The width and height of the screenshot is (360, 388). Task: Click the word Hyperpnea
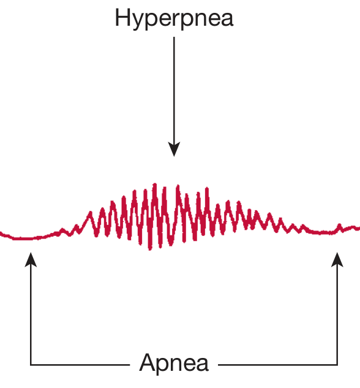174,18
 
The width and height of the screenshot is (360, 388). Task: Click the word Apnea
174,362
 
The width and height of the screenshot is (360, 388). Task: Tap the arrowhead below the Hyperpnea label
174,149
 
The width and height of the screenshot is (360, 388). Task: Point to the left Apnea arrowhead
31,259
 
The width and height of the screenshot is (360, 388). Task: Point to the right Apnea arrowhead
337,259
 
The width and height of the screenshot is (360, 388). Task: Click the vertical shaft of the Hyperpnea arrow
174,90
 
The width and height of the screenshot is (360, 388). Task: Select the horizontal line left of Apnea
80,365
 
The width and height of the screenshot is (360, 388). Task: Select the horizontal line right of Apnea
278,365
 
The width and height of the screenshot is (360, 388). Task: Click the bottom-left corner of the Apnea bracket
31,365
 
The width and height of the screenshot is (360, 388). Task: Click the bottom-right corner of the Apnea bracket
337,365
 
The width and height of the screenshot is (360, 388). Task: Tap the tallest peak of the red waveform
155,184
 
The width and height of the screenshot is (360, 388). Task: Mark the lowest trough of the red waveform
150,249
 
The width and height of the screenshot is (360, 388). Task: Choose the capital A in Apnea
148,362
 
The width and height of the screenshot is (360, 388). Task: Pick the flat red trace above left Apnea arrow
27,238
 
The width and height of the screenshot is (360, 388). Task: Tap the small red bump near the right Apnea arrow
340,226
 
